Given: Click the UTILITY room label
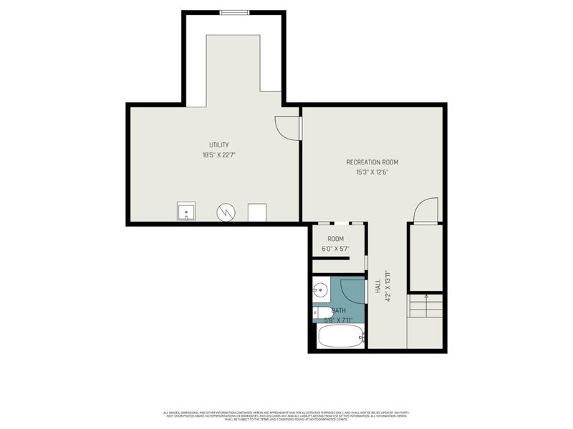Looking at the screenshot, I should pos(218,145).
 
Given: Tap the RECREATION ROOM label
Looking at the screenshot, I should pos(372,162).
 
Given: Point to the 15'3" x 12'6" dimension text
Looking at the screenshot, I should pos(372,172).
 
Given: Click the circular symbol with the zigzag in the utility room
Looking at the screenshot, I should pos(226,212).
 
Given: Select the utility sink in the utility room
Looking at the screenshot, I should pos(186,212).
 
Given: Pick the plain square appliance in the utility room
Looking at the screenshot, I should pos(257,212).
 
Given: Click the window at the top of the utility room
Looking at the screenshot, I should pos(234,12).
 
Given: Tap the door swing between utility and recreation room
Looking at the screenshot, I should pos(286,127).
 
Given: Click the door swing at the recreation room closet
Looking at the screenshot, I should pos(425,211).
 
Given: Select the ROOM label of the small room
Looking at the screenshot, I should pos(335,239).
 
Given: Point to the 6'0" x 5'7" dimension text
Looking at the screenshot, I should pos(335,249).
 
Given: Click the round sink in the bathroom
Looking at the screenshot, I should pos(320,290).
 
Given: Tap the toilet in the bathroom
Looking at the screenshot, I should pos(322,312).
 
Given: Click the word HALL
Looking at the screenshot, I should pos(377,285).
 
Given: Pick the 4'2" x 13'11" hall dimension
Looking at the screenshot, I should pos(386,286).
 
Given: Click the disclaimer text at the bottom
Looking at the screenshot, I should pos(286,415).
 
